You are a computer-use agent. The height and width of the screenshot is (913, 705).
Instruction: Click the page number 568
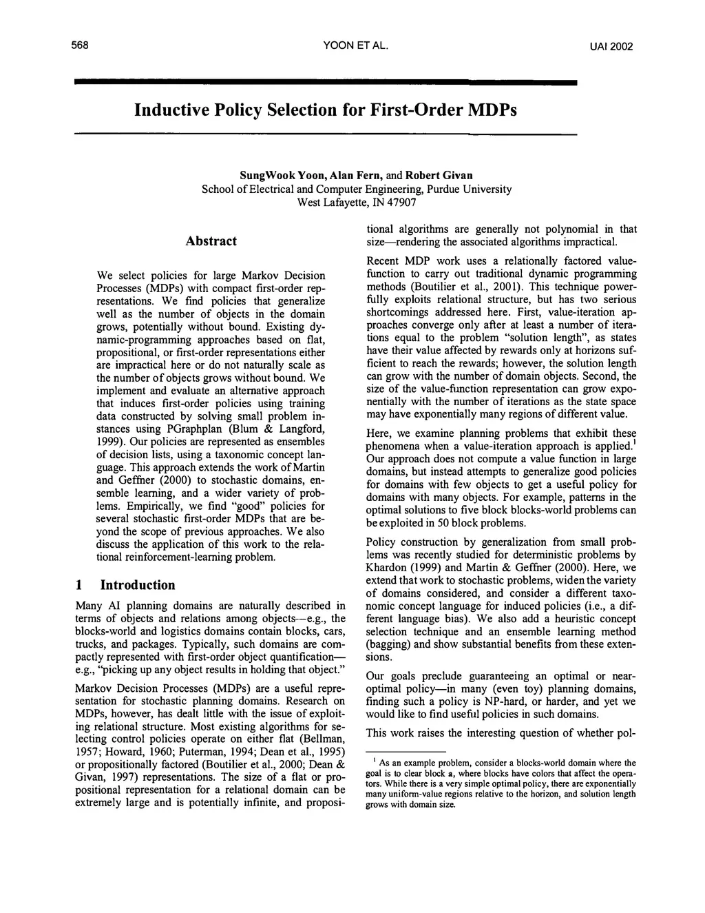point(81,46)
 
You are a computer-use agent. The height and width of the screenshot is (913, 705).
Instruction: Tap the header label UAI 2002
point(611,47)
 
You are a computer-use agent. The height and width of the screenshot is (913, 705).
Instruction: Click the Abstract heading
point(211,240)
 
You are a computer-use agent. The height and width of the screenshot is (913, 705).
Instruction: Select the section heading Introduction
point(138,585)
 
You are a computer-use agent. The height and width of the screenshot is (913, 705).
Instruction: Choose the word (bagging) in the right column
point(388,644)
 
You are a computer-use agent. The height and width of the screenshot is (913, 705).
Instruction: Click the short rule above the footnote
point(406,751)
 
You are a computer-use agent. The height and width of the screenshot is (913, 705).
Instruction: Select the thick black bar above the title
point(325,82)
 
